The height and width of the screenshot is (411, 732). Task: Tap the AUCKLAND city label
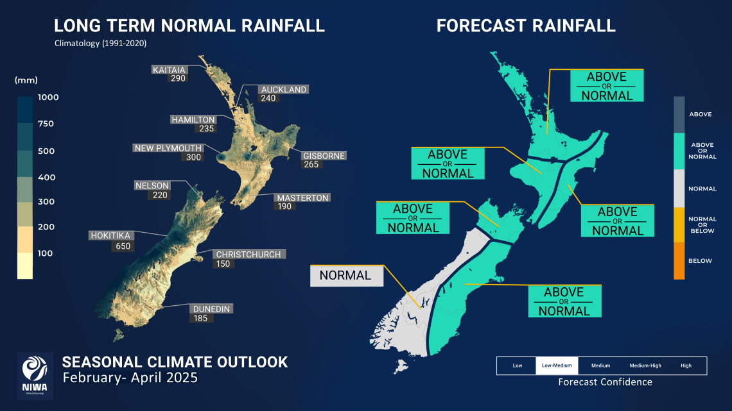[x=283, y=90]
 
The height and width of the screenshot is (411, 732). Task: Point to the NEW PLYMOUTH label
[x=168, y=148]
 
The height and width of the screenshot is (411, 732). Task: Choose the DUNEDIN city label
[x=211, y=308]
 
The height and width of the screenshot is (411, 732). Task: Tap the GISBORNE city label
[x=324, y=156]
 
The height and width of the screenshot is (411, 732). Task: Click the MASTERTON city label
[x=302, y=198]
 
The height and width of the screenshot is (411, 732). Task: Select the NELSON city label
[x=152, y=185]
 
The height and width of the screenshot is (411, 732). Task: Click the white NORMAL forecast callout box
[x=346, y=276]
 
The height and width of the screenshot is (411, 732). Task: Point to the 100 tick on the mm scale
[x=44, y=253]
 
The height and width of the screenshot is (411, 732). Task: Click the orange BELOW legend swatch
[x=679, y=261]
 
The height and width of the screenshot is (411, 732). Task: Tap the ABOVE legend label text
[x=700, y=114]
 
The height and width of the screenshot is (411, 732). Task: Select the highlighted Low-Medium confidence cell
[x=557, y=365]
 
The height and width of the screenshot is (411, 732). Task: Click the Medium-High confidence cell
[x=644, y=365]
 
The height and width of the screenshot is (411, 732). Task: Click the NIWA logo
[x=35, y=376]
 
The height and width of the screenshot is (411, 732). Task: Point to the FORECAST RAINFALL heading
[x=526, y=26]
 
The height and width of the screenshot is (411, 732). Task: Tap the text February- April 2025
[x=130, y=378]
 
